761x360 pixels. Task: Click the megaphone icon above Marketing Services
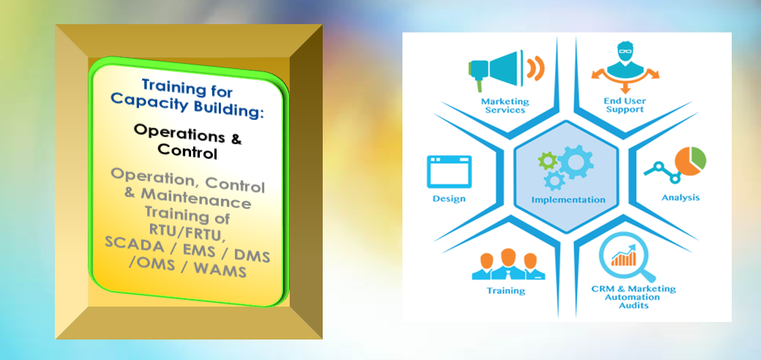pos(506,70)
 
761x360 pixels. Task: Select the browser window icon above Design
pos(449,171)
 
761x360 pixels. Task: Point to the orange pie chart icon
pos(690,161)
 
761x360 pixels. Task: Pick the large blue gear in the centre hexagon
pos(576,162)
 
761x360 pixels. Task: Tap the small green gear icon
pos(548,160)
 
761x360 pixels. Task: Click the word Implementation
pos(569,200)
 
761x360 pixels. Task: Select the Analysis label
pos(681,198)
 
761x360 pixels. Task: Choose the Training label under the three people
pos(506,291)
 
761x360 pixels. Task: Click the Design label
pos(449,198)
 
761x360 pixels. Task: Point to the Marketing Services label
pos(505,106)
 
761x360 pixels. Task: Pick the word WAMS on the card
pos(220,270)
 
